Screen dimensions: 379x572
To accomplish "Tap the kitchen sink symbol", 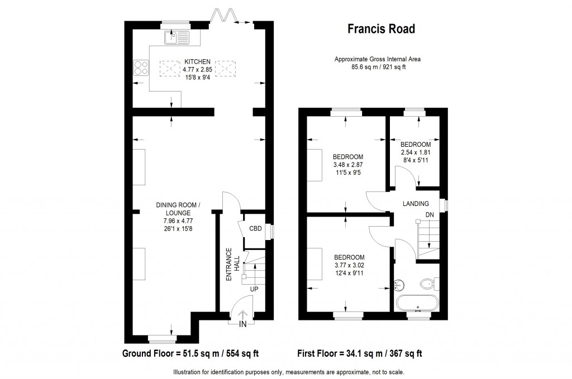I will point(177,38).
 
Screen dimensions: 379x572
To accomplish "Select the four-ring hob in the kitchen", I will point(141,68).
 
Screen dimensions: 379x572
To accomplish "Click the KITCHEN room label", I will point(197,61).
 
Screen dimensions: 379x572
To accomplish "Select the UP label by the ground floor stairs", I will point(254,289).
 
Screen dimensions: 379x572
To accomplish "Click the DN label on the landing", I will point(429,214).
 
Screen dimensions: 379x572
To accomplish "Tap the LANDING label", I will point(416,204).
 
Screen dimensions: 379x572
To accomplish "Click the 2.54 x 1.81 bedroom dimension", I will point(415,152).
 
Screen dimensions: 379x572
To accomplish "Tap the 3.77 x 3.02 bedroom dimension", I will point(349,265).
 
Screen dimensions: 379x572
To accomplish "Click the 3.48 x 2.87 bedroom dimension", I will point(348,165).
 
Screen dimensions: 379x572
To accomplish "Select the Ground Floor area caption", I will point(190,353).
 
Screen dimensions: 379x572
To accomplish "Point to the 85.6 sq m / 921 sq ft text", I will point(377,66).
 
